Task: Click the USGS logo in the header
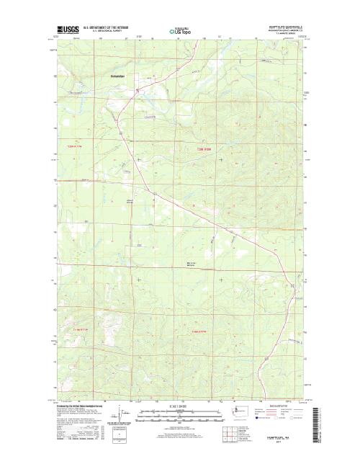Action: click(x=65, y=31)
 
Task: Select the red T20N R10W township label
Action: click(x=207, y=148)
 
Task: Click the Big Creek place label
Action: click(x=192, y=264)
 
